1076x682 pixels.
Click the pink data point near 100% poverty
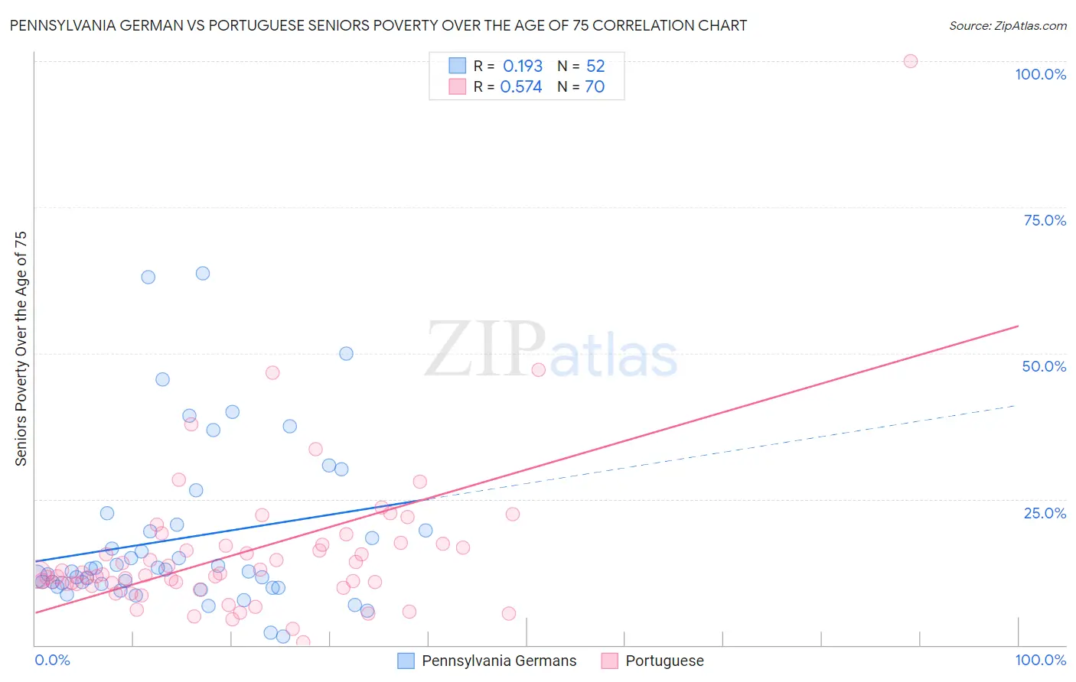click(910, 61)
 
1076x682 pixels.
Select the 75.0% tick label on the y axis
click(1045, 220)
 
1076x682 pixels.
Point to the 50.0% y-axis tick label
click(1044, 366)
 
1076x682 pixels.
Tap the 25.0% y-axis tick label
click(1045, 513)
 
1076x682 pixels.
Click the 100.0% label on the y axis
click(1040, 74)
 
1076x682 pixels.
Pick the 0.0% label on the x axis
click(52, 660)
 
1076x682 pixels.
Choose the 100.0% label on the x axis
click(1040, 660)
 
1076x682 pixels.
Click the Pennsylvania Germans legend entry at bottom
click(498, 661)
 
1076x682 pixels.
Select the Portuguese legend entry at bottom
click(664, 661)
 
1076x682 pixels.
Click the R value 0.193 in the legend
click(523, 67)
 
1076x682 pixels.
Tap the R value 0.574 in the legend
click(521, 87)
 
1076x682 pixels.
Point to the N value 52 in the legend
click(595, 67)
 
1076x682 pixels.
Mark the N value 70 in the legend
click(595, 87)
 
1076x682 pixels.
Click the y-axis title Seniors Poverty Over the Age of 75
click(21, 349)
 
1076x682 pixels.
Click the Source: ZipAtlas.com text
click(1007, 26)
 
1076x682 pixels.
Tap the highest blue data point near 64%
click(203, 273)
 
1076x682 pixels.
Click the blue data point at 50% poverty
click(346, 353)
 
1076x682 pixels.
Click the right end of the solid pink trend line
click(1018, 326)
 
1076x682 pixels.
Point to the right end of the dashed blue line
click(1015, 405)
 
